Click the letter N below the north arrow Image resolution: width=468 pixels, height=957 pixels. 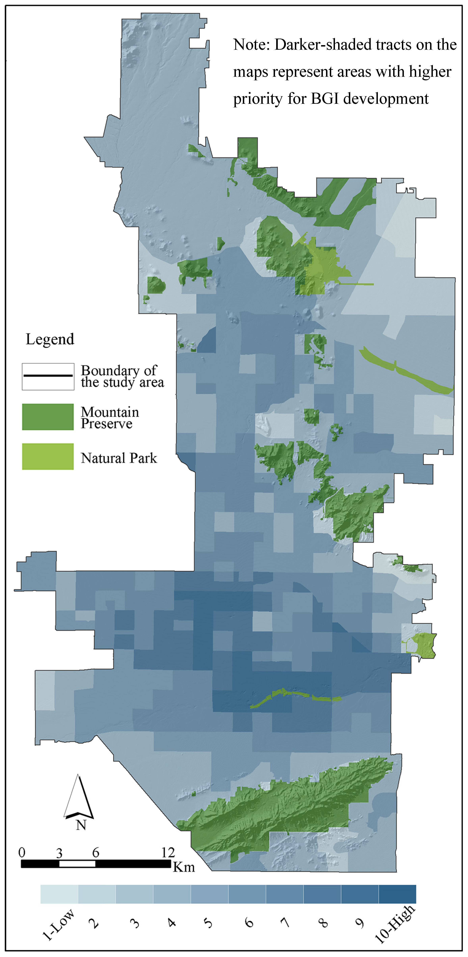click(x=81, y=825)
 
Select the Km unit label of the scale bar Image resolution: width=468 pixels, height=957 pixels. click(x=184, y=867)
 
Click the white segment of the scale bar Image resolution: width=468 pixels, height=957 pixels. click(x=77, y=864)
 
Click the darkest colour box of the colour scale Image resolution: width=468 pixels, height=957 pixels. click(x=397, y=894)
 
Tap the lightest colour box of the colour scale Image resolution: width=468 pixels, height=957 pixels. click(x=59, y=894)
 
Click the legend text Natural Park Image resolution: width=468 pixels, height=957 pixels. click(x=119, y=458)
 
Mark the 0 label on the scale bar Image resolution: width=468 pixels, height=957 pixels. click(x=22, y=852)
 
